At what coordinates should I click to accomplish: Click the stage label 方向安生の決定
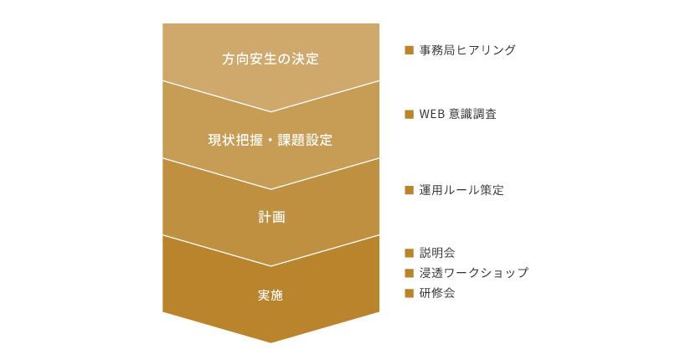(x=271, y=59)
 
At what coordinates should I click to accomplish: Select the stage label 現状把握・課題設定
(x=271, y=140)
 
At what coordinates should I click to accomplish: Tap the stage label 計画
(x=271, y=217)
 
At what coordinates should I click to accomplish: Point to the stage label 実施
(x=271, y=296)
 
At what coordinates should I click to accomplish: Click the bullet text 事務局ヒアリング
(x=467, y=50)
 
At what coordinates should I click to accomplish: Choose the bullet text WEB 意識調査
(x=458, y=114)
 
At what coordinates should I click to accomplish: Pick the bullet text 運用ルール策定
(x=462, y=190)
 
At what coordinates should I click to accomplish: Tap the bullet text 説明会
(x=437, y=253)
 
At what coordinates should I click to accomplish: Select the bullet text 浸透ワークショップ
(x=474, y=273)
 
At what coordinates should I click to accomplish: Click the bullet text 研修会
(x=437, y=293)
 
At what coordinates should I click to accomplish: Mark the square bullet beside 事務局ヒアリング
(x=409, y=50)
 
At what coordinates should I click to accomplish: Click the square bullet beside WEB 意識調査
(x=409, y=114)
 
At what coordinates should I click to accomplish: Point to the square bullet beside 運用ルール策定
(x=409, y=190)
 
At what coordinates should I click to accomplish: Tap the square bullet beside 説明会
(x=409, y=253)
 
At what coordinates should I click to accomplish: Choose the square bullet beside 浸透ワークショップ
(x=409, y=273)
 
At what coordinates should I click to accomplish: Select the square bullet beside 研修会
(x=409, y=293)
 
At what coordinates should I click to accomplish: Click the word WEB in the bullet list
(x=431, y=114)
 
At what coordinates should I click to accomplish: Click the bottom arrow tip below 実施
(x=271, y=342)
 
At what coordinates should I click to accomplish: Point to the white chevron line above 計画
(x=271, y=189)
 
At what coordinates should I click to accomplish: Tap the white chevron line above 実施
(x=271, y=265)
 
